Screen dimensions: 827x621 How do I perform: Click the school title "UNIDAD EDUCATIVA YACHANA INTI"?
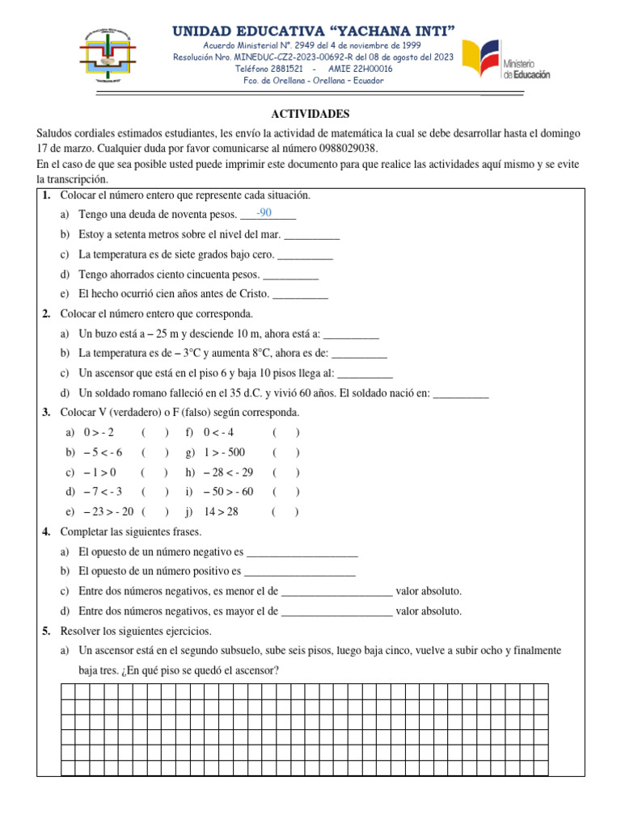(314, 31)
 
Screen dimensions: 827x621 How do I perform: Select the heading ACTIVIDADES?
(310, 114)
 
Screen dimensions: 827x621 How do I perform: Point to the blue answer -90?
(264, 212)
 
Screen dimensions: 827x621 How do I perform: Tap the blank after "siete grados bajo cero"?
(305, 254)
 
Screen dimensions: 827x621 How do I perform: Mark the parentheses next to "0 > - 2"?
(154, 433)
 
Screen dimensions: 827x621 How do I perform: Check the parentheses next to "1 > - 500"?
(285, 452)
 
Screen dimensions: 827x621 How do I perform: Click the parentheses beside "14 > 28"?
(285, 512)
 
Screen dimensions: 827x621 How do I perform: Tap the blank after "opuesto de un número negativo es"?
(302, 552)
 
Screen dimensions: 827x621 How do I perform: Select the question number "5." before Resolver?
(47, 631)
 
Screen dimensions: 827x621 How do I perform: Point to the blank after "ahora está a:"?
(351, 334)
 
